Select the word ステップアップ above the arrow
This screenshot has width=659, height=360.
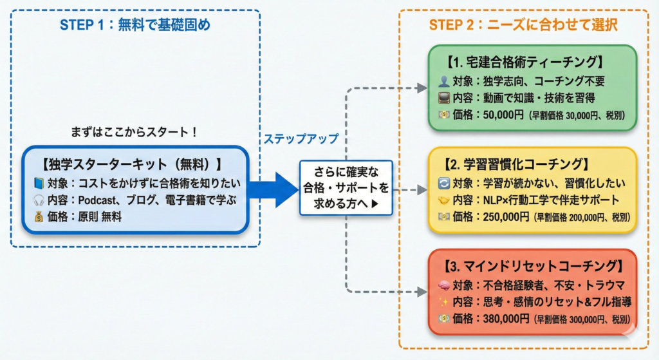click(x=301, y=138)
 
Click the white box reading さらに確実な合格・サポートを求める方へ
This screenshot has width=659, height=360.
click(x=345, y=188)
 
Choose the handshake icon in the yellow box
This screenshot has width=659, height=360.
click(x=443, y=200)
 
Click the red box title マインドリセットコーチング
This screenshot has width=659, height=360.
click(x=534, y=266)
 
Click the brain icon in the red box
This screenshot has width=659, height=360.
click(x=443, y=284)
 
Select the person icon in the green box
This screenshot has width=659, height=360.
click(x=443, y=82)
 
